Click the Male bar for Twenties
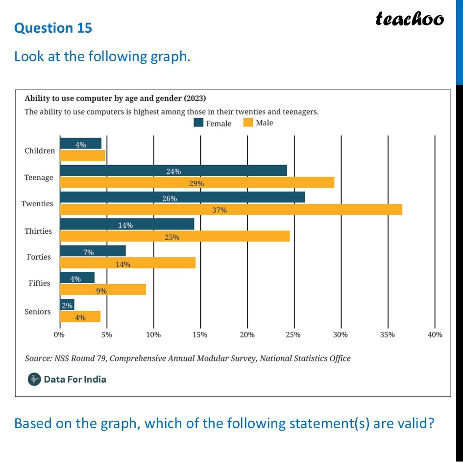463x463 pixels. pos(231,209)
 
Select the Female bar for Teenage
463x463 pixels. pos(173,171)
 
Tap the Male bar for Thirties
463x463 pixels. pos(174,236)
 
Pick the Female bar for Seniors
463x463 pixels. pos(67,305)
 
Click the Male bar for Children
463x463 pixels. pos(82,156)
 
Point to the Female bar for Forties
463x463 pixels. pos(93,251)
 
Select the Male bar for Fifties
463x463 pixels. pos(103,290)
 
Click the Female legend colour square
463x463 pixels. pos(199,123)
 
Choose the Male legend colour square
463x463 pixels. pos(248,122)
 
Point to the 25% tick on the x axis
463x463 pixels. pos(293,335)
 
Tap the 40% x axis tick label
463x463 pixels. pos(435,335)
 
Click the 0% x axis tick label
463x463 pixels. pos(59,335)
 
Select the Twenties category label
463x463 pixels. pos(37,204)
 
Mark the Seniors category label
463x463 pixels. pos(38,312)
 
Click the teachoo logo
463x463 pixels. pos(410,19)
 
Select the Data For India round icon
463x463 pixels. pos(34,379)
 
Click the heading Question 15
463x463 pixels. pos(53,28)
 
